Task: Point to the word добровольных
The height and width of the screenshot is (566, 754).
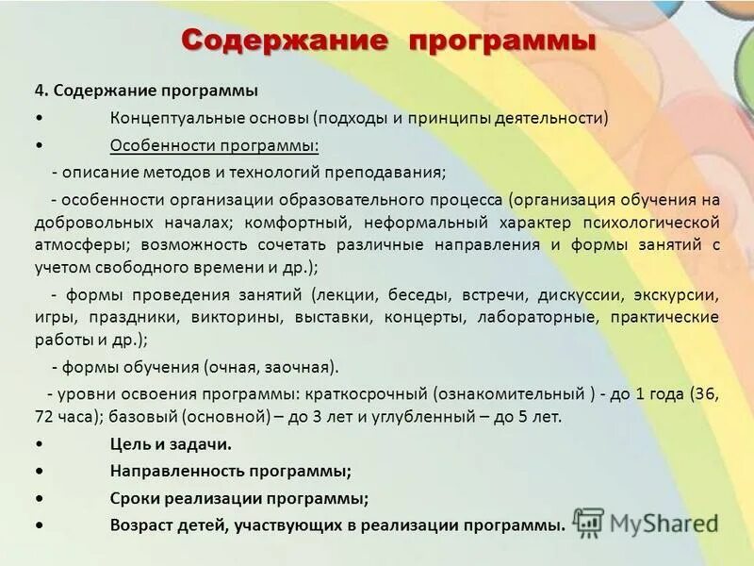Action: [91, 223]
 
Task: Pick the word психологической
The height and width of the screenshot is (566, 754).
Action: [657, 223]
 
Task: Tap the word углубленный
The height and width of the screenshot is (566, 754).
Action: [456, 416]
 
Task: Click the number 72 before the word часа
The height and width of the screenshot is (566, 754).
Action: [45, 416]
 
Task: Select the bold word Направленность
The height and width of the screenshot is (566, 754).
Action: [167, 470]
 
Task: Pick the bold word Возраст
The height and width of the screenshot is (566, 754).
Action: [139, 524]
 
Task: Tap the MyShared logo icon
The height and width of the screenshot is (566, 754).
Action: [589, 521]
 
